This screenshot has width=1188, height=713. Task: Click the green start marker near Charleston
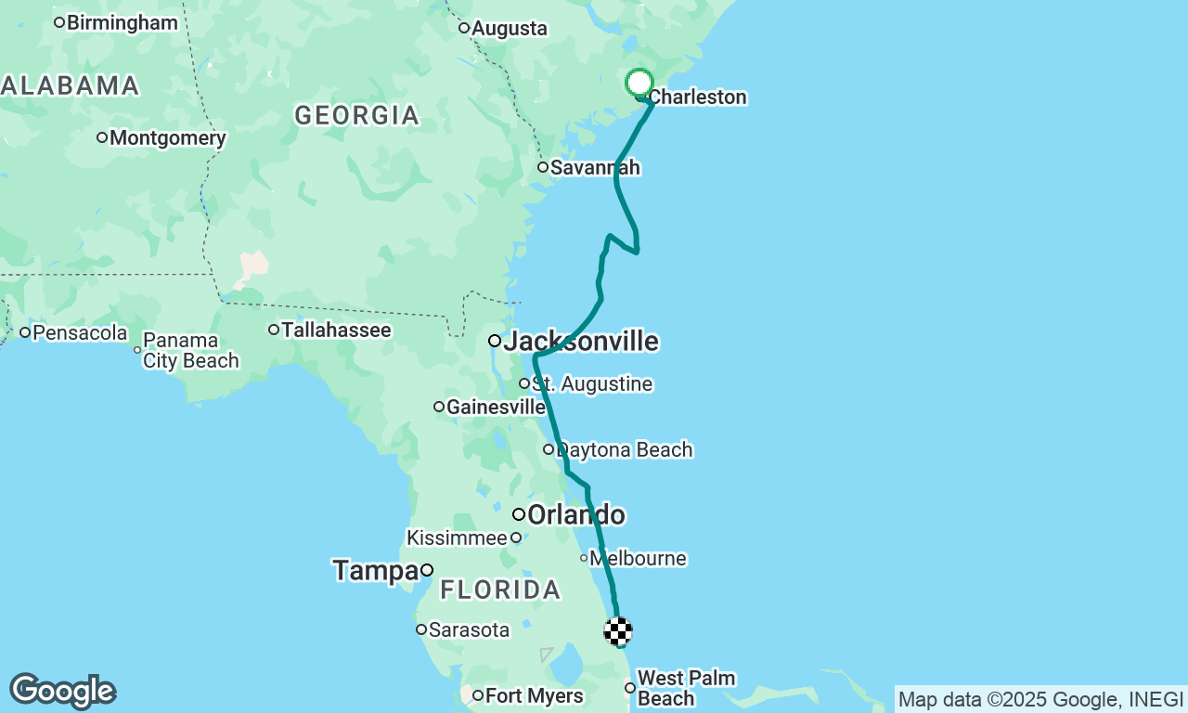pyautogui.click(x=639, y=83)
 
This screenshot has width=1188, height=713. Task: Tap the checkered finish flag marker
pyautogui.click(x=618, y=631)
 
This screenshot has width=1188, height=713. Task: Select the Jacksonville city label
pyautogui.click(x=580, y=342)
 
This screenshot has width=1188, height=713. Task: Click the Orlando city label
pyautogui.click(x=575, y=514)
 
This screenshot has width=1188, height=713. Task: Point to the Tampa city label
pyautogui.click(x=376, y=570)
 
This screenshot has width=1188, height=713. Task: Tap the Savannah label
pyautogui.click(x=595, y=168)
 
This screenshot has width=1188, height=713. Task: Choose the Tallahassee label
pyautogui.click(x=336, y=330)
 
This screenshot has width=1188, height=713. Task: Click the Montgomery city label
pyautogui.click(x=167, y=138)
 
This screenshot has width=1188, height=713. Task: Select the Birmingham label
pyautogui.click(x=123, y=22)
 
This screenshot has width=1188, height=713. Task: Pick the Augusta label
pyautogui.click(x=509, y=28)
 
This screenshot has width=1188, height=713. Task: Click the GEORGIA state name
pyautogui.click(x=357, y=116)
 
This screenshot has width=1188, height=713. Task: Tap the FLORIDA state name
pyautogui.click(x=500, y=590)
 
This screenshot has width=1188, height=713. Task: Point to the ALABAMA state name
pyautogui.click(x=71, y=86)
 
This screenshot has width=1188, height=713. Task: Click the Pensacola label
pyautogui.click(x=80, y=332)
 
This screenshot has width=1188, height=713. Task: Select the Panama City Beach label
pyautogui.click(x=191, y=351)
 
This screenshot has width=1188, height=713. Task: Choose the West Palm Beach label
pyautogui.click(x=686, y=688)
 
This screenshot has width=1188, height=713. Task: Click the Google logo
pyautogui.click(x=62, y=692)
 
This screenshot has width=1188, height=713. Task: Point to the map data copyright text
pyautogui.click(x=1040, y=699)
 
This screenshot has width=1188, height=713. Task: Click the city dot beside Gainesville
pyautogui.click(x=439, y=407)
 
